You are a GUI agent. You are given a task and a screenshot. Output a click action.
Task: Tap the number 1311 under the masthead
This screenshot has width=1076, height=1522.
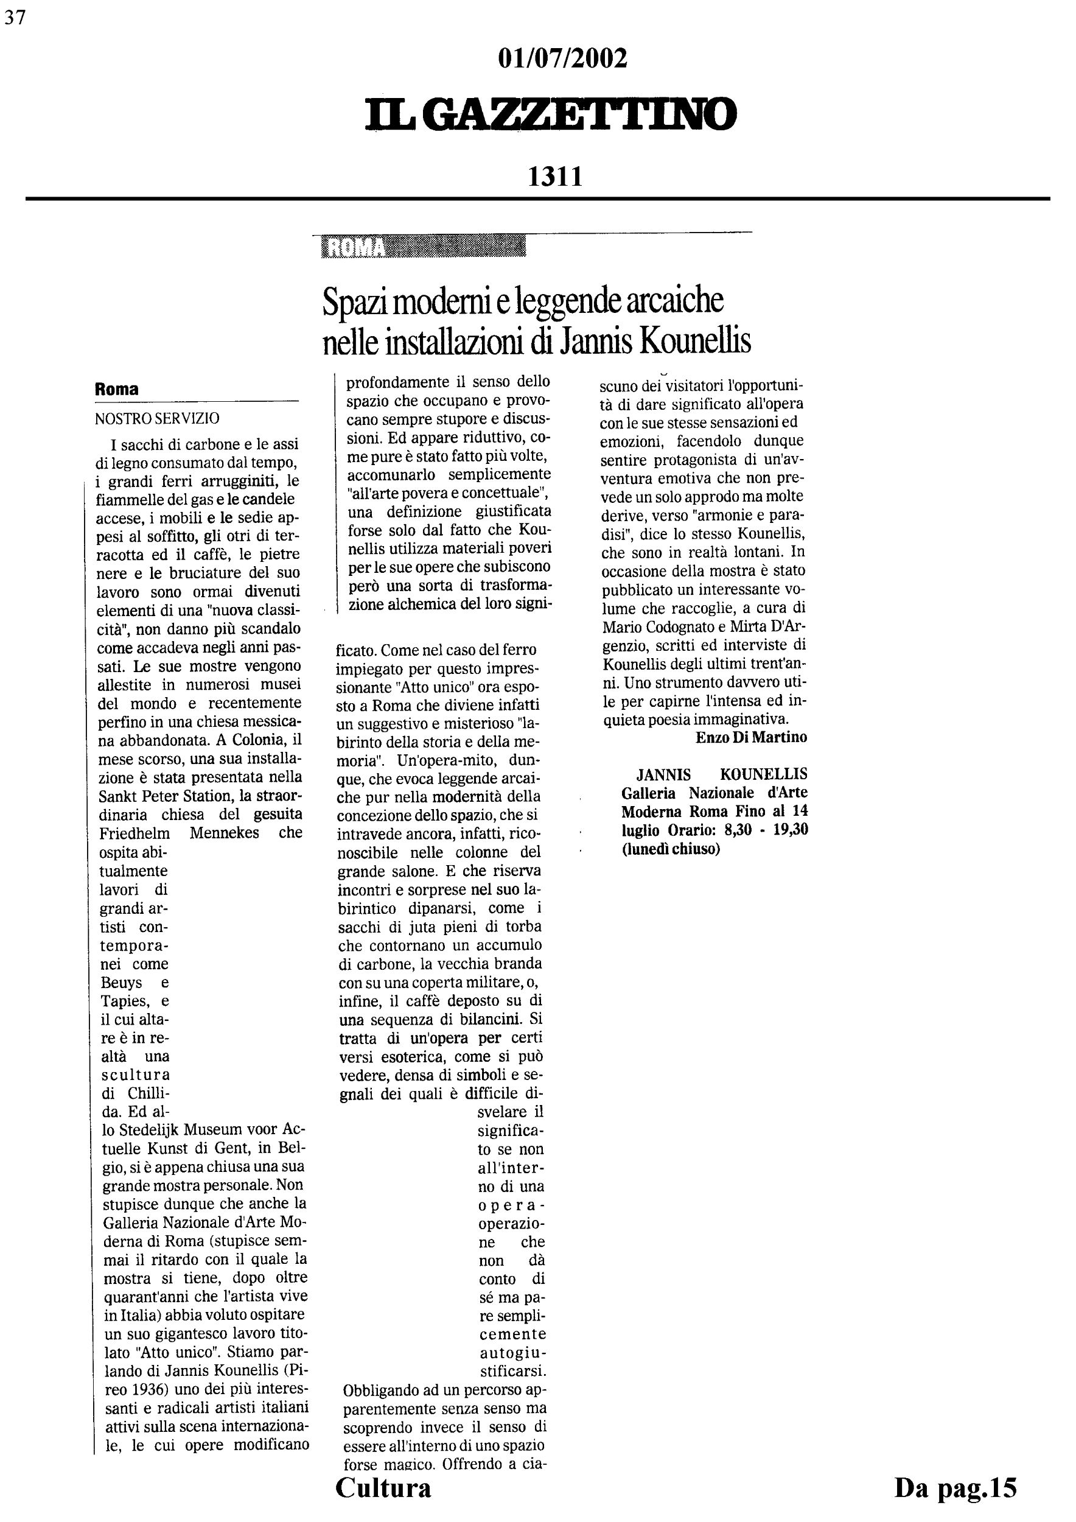(554, 177)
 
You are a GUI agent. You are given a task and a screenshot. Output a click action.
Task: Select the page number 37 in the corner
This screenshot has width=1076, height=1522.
(15, 18)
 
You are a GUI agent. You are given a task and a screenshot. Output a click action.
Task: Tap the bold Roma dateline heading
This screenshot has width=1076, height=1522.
(117, 390)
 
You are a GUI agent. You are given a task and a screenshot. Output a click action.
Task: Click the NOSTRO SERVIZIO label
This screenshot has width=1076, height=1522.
(157, 418)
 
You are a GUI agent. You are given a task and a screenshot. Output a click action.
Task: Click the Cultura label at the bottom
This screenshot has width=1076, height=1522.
(383, 1488)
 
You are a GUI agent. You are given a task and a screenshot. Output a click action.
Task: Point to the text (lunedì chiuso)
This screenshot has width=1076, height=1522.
(671, 849)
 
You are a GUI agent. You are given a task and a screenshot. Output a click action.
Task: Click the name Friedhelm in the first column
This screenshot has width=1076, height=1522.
(134, 833)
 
